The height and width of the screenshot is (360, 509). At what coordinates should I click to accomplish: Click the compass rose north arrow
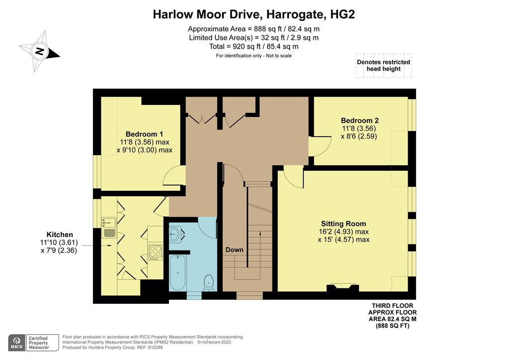(39, 51)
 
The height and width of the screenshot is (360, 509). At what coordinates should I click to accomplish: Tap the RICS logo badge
(16, 343)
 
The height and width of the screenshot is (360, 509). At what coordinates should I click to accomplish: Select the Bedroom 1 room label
(144, 134)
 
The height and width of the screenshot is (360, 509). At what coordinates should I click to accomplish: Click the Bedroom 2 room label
(359, 120)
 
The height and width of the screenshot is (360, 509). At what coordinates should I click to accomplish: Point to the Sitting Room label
(343, 224)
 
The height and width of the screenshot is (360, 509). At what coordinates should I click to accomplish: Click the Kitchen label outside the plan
(60, 235)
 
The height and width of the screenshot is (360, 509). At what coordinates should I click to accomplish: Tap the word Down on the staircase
(234, 250)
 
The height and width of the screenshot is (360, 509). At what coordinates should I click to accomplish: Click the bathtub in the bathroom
(177, 272)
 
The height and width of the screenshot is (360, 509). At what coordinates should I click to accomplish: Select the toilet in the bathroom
(209, 282)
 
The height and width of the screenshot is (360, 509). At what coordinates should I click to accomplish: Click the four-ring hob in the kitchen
(155, 252)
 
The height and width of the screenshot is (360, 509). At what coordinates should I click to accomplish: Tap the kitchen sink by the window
(109, 228)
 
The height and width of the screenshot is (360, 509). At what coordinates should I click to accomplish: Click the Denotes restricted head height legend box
(383, 66)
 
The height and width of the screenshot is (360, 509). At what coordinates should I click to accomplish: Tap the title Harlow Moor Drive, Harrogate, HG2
(254, 14)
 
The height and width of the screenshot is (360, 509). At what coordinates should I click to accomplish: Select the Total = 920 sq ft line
(254, 46)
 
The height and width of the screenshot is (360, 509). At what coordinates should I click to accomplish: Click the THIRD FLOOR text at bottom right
(392, 306)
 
